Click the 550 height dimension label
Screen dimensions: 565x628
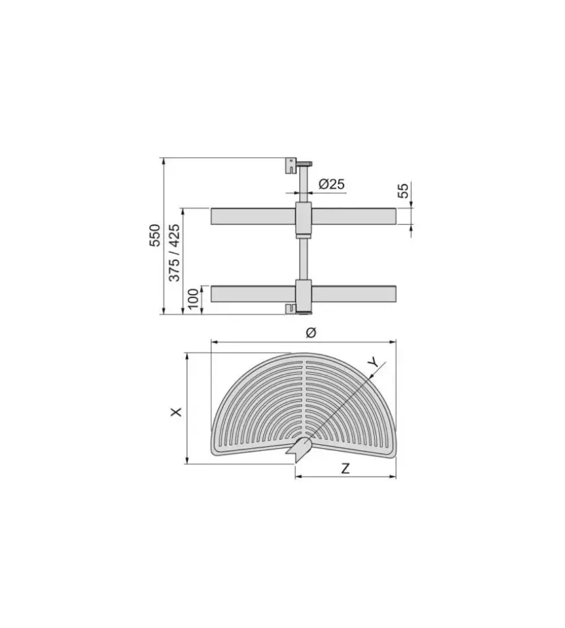pyautogui.click(x=155, y=236)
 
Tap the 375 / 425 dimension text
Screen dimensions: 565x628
pyautogui.click(x=174, y=253)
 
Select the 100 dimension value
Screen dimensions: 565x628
pyautogui.click(x=193, y=299)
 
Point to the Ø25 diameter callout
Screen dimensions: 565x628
pyautogui.click(x=332, y=184)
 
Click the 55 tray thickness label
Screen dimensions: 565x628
pyautogui.click(x=403, y=190)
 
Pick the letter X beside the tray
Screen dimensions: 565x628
pyautogui.click(x=176, y=412)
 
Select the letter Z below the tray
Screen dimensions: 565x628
pyautogui.click(x=345, y=468)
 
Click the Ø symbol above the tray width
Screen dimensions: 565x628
pyautogui.click(x=311, y=333)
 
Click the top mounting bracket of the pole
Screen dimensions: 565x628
pyautogui.click(x=291, y=165)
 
